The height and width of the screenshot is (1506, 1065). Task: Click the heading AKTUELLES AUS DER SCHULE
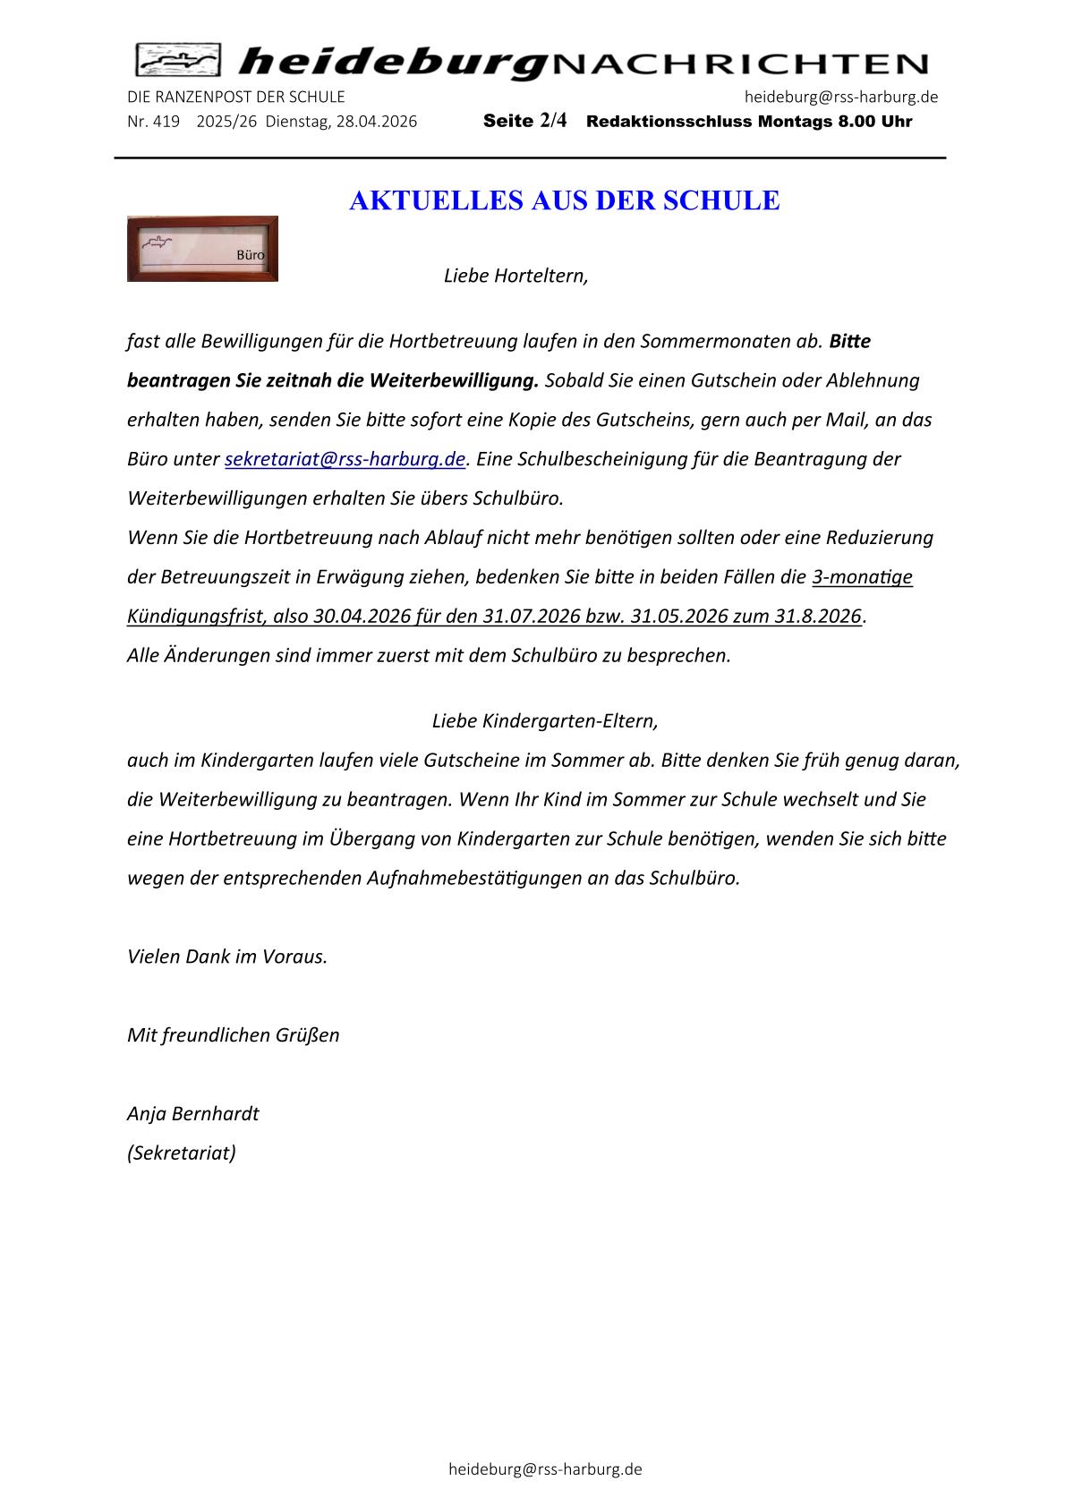pyautogui.click(x=564, y=200)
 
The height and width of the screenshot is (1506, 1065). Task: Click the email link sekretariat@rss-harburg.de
pyautogui.click(x=345, y=459)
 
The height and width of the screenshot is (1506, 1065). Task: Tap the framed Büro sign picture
pyautogui.click(x=202, y=249)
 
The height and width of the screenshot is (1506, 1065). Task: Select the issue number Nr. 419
pyautogui.click(x=153, y=122)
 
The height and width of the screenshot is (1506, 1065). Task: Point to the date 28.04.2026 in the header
pyautogui.click(x=376, y=122)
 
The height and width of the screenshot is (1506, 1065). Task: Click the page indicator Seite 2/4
pyautogui.click(x=524, y=121)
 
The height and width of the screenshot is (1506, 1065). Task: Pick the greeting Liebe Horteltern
pyautogui.click(x=515, y=276)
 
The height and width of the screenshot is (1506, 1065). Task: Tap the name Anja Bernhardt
pyautogui.click(x=192, y=1113)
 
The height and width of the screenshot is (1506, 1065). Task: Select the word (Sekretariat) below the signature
pyautogui.click(x=182, y=1153)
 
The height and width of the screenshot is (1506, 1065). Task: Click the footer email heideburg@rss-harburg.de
pyautogui.click(x=545, y=1468)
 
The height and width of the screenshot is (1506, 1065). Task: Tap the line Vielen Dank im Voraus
pyautogui.click(x=227, y=956)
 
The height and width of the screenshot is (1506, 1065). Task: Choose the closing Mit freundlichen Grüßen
pyautogui.click(x=233, y=1035)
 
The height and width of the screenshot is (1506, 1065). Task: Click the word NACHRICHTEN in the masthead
pyautogui.click(x=739, y=64)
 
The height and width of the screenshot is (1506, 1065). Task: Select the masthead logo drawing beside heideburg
pyautogui.click(x=178, y=61)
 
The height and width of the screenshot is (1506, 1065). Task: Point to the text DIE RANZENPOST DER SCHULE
pyautogui.click(x=235, y=97)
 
